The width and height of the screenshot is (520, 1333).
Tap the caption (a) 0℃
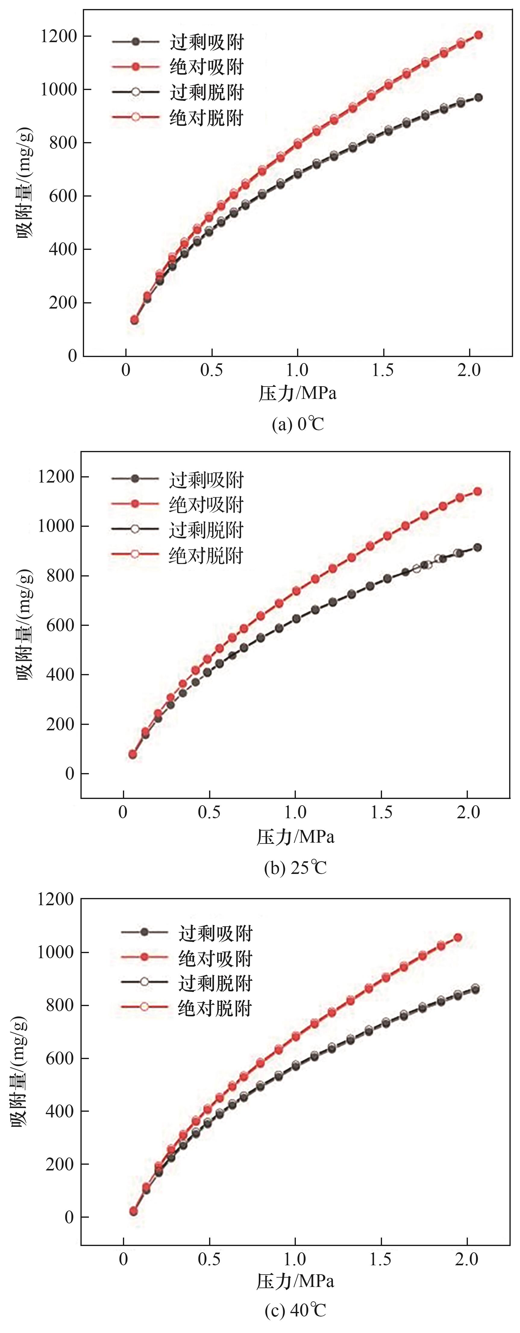pyautogui.click(x=298, y=424)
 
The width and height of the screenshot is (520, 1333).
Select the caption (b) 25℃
pyautogui.click(x=295, y=867)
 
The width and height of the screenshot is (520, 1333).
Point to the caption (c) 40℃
pyautogui.click(x=295, y=1310)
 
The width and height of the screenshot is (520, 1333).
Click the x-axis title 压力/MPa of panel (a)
pyautogui.click(x=298, y=393)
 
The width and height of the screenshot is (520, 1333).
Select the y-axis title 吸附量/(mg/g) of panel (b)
pyautogui.click(x=25, y=625)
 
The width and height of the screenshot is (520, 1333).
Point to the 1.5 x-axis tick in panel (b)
pyautogui.click(x=381, y=813)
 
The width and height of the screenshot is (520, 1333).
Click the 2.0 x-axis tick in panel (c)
pyautogui.click(x=467, y=1260)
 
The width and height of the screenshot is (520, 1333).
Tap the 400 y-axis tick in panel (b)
pyautogui.click(x=60, y=675)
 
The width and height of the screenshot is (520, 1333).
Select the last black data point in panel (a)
pyautogui.click(x=478, y=97)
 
